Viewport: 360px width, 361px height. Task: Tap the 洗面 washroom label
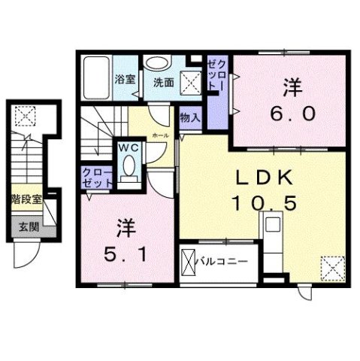164,83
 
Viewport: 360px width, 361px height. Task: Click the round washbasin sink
158,64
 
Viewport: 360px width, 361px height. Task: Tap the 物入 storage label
189,117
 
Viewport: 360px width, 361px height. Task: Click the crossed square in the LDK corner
331,267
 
